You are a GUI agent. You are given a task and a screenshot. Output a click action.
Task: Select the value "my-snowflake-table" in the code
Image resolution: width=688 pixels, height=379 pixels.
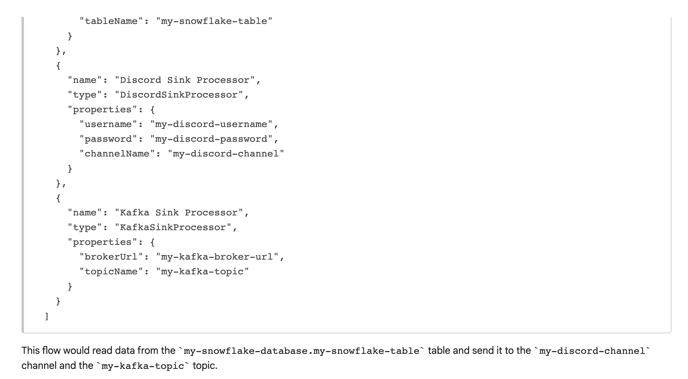[214, 21]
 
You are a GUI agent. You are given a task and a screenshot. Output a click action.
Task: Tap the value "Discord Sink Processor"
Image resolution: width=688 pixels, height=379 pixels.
[185, 80]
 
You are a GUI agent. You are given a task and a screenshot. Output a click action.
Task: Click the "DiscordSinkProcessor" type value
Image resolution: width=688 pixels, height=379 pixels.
[179, 95]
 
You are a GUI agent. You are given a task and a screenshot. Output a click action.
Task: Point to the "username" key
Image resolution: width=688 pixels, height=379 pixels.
[108, 124]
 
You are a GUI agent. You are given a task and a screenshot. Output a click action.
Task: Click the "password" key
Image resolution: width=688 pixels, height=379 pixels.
[108, 139]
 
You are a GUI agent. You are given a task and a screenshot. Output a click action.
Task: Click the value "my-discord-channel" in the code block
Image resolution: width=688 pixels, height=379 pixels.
[226, 154]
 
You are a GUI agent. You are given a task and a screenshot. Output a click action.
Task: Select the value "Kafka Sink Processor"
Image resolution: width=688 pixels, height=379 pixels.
[179, 213]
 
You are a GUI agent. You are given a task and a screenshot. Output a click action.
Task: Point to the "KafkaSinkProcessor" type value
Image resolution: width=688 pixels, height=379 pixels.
[173, 227]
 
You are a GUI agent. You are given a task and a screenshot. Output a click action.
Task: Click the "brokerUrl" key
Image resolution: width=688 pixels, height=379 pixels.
[111, 257]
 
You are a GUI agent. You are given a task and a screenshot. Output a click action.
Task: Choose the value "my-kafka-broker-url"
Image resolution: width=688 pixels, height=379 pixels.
[217, 257]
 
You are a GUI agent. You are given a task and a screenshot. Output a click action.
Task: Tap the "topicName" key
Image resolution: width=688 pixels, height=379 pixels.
[111, 272]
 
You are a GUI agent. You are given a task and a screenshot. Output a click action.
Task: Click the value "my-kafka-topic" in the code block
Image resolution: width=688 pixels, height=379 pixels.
[202, 272]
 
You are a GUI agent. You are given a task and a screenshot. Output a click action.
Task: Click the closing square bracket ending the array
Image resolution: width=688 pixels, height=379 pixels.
[47, 316]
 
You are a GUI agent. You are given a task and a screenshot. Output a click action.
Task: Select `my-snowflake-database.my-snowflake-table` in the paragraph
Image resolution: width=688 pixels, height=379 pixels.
[302, 351]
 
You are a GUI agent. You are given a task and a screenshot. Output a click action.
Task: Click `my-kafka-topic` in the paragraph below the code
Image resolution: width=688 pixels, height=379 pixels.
[143, 366]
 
